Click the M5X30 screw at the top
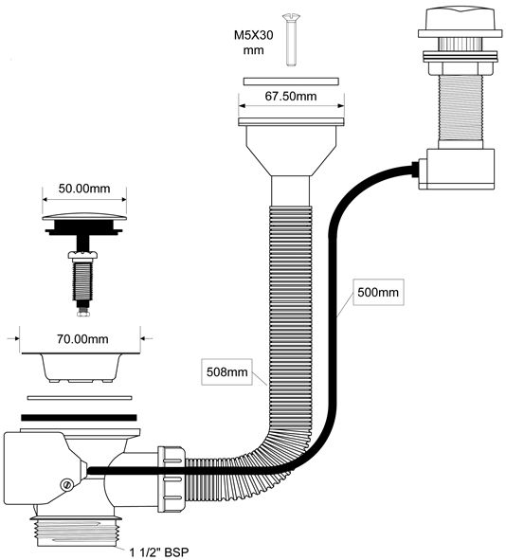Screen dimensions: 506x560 (x=291, y=39)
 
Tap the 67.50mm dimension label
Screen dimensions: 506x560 (x=291, y=96)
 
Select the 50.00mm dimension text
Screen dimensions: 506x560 (x=84, y=189)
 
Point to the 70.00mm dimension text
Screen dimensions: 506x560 (x=82, y=338)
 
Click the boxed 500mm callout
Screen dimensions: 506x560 (x=378, y=293)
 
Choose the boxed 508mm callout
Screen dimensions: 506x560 (x=227, y=371)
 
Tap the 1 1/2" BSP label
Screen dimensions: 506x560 (x=158, y=552)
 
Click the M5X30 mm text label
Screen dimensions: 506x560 (x=254, y=43)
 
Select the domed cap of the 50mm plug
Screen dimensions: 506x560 (x=84, y=216)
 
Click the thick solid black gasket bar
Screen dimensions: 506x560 (x=79, y=418)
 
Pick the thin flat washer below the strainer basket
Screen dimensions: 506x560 (x=80, y=398)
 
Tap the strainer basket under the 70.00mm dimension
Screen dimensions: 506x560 (x=81, y=367)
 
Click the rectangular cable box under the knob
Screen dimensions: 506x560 (x=457, y=169)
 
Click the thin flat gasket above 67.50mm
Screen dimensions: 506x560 (x=291, y=81)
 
